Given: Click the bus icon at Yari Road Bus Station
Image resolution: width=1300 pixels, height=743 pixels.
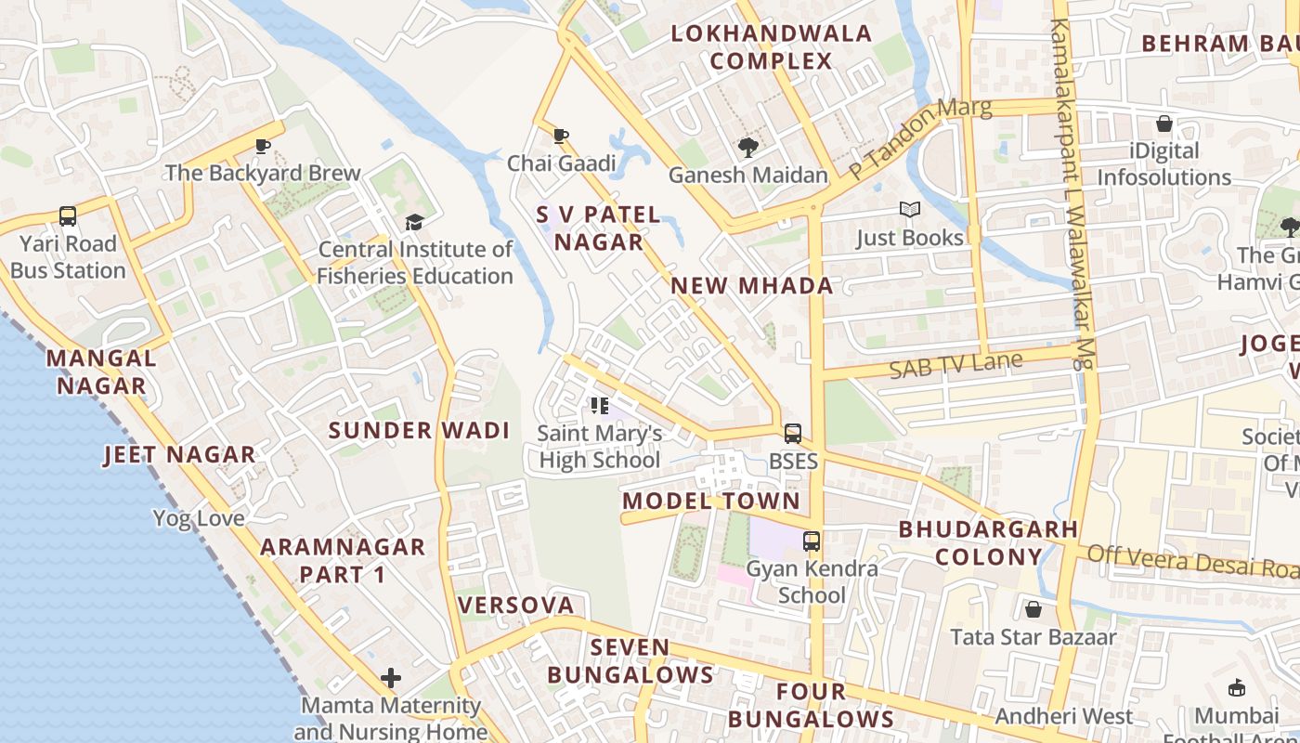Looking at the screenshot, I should coord(68,216).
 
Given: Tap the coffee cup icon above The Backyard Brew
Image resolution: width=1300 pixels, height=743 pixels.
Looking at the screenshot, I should coord(263,146).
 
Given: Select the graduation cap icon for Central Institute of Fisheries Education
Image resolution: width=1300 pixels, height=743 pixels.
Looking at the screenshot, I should coord(414,222).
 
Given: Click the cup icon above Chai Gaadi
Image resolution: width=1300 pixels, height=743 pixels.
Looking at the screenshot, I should coord(561,137).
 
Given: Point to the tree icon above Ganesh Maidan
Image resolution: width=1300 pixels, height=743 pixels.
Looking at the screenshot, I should coord(747,147).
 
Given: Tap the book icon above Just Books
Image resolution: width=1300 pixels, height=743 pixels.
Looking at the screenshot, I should coord(909,210).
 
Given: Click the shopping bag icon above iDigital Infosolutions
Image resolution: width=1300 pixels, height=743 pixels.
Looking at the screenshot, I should coord(1164,124).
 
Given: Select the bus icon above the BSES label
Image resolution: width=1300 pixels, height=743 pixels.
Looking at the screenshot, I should coord(793,433).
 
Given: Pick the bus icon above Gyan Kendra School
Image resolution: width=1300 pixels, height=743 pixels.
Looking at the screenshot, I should coord(812,541).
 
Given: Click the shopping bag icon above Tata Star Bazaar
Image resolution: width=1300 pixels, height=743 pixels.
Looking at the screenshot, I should coord(1033,609).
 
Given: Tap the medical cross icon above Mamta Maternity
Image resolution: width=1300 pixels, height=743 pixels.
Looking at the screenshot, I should coord(391,678).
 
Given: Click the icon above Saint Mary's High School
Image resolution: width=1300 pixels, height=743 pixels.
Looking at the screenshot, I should coord(600,406).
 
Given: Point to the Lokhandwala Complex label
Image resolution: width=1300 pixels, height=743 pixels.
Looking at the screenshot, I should coord(772,47).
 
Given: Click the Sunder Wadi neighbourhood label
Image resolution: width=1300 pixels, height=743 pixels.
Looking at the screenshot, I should coord(420,430).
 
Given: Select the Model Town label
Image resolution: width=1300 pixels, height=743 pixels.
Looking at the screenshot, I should coord(711,502).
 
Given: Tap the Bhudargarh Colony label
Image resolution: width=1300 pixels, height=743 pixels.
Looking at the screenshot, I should coord(988,543).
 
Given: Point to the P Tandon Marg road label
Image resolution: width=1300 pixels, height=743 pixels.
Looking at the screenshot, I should coord(920,138).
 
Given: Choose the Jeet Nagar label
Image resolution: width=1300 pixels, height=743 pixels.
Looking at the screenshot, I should coord(179,454).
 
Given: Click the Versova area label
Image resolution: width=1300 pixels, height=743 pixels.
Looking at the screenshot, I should coord(516,606).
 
